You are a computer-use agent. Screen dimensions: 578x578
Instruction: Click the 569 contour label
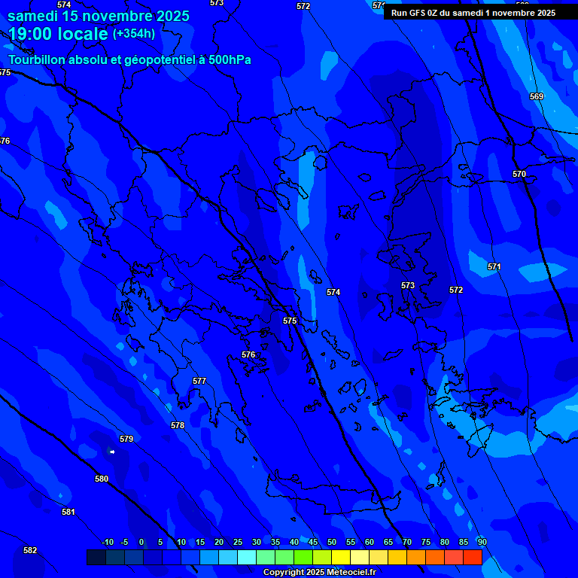pyautogui.click(x=537, y=96)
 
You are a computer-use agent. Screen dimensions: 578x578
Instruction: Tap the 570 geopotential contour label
pyautogui.click(x=519, y=174)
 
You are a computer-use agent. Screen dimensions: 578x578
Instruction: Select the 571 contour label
pyautogui.click(x=494, y=266)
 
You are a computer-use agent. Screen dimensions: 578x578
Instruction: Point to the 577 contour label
pyautogui.click(x=199, y=381)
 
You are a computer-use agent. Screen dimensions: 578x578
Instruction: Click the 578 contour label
pyautogui.click(x=178, y=425)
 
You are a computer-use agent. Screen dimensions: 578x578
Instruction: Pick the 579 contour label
pyautogui.click(x=126, y=439)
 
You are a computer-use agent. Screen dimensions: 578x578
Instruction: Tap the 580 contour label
pyautogui.click(x=102, y=479)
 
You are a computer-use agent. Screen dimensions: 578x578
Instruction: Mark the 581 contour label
pyautogui.click(x=68, y=512)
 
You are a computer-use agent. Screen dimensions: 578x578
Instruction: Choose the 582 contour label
pyautogui.click(x=30, y=550)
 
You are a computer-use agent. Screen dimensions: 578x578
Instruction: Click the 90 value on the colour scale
pyautogui.click(x=482, y=542)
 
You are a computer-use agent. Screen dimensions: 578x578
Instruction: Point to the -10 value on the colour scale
pyautogui.click(x=107, y=542)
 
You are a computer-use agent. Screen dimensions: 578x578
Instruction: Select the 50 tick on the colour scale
pyautogui.click(x=332, y=542)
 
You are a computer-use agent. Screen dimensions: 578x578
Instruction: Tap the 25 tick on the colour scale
pyautogui.click(x=238, y=542)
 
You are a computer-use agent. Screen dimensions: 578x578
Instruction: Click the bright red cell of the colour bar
pyautogui.click(x=473, y=557)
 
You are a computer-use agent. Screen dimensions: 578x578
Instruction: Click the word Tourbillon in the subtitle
pyautogui.click(x=36, y=59)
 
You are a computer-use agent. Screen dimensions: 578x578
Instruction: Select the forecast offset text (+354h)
pyautogui.click(x=134, y=34)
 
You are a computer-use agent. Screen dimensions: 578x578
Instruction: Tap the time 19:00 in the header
pyautogui.click(x=32, y=34)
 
